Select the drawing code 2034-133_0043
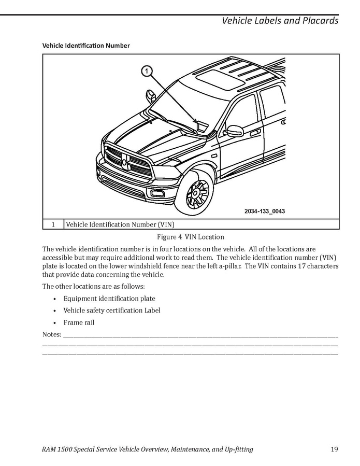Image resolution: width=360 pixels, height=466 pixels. point(265,211)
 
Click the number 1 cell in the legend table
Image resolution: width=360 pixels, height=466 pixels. point(53,224)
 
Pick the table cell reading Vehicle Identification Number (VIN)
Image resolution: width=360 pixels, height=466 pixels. point(120,224)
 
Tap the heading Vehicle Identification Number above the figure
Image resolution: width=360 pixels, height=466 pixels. point(85,46)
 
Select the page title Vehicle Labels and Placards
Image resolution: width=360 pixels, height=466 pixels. point(280,21)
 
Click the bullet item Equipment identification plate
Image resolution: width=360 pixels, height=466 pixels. point(109,299)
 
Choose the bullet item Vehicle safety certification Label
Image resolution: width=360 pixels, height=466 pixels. point(112,310)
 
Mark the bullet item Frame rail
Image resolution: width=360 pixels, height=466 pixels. point(79,322)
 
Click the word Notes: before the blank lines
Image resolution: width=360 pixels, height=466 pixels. point(51,334)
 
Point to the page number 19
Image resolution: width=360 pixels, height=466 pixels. point(334,449)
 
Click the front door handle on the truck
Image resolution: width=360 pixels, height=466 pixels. point(255,133)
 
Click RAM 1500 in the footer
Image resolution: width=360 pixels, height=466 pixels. point(61,449)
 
